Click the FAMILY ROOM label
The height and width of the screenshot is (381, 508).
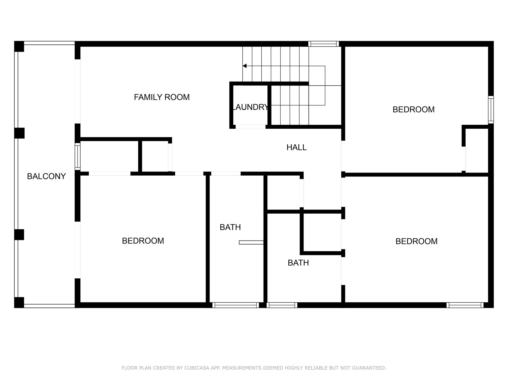(162, 97)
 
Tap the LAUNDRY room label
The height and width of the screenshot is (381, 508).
(250, 107)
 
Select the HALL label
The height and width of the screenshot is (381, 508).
(296, 147)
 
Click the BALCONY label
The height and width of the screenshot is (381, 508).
(46, 176)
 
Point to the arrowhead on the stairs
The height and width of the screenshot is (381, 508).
(245, 66)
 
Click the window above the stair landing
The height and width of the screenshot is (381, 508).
(323, 44)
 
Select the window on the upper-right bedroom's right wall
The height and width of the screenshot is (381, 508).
(491, 110)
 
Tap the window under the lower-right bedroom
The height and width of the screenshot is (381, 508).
(465, 305)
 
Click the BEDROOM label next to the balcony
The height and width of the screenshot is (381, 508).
(143, 241)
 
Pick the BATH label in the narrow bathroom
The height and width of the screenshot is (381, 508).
(230, 227)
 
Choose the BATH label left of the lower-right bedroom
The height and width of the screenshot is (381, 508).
(298, 263)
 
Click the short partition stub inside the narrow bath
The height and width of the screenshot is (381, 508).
(251, 242)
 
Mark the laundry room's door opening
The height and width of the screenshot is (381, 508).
(250, 127)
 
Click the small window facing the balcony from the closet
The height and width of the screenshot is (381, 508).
(78, 157)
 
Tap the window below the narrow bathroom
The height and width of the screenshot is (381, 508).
(235, 305)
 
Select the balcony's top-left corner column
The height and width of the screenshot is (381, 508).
(19, 46)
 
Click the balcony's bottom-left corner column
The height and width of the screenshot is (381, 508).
(19, 302)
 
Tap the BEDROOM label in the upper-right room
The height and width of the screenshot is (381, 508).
(413, 110)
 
